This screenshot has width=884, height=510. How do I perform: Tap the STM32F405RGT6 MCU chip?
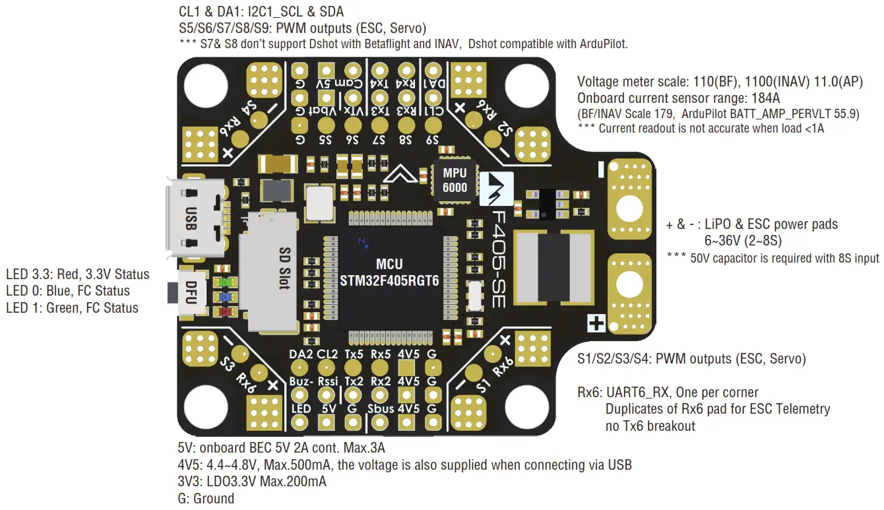tap(389, 272)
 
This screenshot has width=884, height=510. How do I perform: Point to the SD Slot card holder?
tap(270, 273)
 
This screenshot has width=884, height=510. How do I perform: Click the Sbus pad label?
tap(381, 409)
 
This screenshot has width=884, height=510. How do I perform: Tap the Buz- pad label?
tap(301, 381)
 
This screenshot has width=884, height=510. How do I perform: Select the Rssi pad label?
tap(327, 381)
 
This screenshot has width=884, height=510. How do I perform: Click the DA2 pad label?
tap(301, 354)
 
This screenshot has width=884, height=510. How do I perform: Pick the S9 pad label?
tap(433, 140)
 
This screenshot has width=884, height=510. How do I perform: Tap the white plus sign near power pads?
tap(596, 323)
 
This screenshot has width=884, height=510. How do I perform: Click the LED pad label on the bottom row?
tap(301, 409)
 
